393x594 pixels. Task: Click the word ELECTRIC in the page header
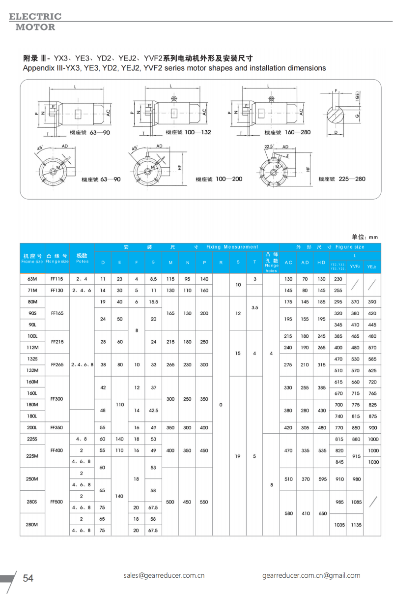point(35,16)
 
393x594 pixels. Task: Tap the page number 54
point(28,578)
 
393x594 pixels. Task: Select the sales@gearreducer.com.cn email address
point(164,575)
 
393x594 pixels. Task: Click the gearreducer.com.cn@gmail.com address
point(311,575)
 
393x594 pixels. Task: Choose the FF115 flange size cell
point(57,279)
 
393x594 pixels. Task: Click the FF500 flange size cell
point(57,502)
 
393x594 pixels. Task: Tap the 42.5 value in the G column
point(153,410)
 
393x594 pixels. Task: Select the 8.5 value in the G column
point(153,279)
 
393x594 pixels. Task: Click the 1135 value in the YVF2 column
point(356,525)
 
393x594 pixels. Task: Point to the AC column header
point(288,263)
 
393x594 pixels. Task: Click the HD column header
point(321,263)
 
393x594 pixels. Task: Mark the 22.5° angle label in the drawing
point(269,147)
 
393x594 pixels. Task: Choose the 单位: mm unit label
point(365,237)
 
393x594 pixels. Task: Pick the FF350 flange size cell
point(57,428)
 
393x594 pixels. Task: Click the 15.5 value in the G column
point(153,301)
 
